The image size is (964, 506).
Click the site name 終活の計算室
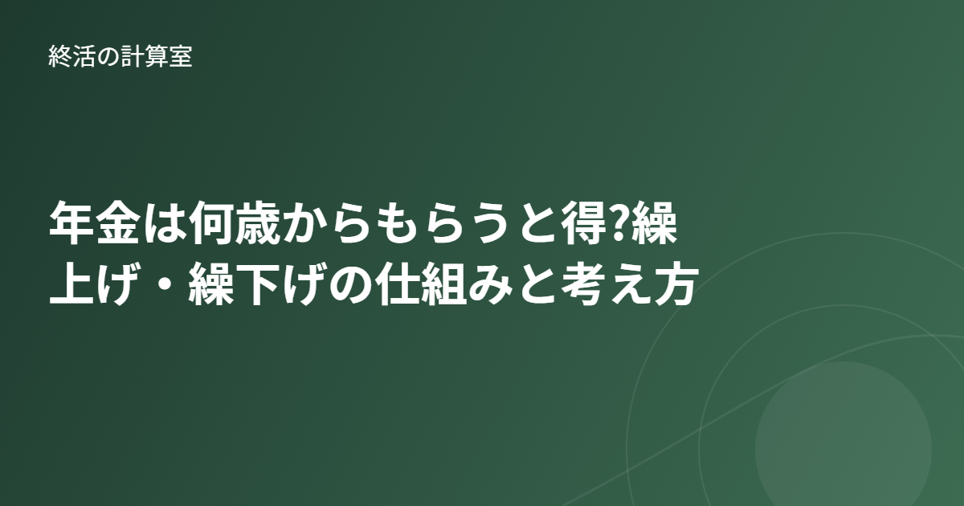120,56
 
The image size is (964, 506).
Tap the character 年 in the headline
71,223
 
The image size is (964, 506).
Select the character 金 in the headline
118,223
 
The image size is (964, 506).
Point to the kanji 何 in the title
210,223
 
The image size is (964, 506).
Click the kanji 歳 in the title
257,223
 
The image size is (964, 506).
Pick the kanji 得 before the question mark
583,223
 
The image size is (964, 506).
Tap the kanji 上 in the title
71,284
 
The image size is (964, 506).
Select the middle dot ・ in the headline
165,284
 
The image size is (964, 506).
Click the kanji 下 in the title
257,284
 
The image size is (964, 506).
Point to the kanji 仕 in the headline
397,284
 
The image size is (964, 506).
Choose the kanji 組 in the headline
443,284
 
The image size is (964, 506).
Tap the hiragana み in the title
490,284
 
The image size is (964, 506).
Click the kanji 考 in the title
583,284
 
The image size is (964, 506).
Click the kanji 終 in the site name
59,56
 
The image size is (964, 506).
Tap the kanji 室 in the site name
180,56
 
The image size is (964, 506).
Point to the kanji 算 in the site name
156,56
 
